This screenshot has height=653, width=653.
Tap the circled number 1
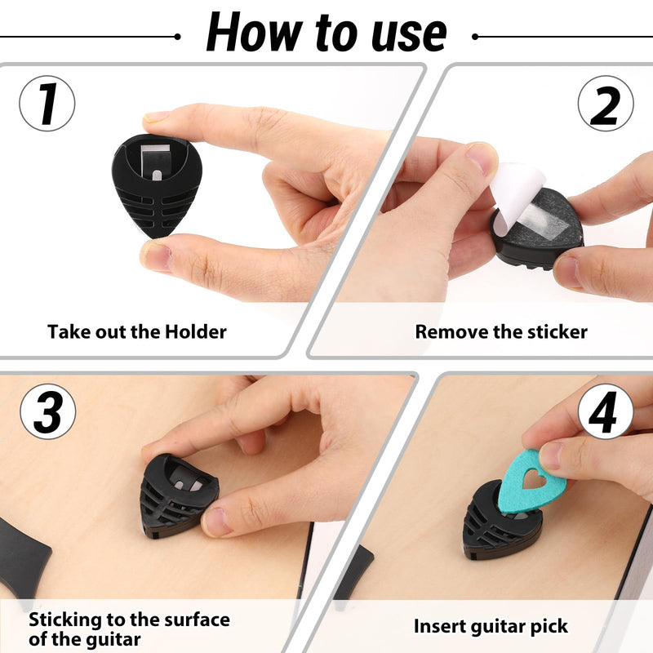pos(47,104)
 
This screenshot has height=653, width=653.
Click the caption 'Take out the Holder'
pos(136,331)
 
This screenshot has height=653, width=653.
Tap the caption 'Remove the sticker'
pos(500,331)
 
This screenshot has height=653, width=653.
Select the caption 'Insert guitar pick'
pos(490,627)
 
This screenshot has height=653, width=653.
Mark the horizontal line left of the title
pos(90,36)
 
